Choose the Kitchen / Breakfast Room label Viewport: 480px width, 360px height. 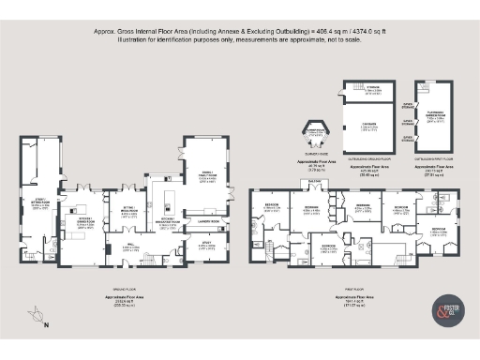tap(170, 224)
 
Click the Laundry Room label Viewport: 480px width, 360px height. tap(208, 221)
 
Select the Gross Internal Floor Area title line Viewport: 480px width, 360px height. tap(240, 30)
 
